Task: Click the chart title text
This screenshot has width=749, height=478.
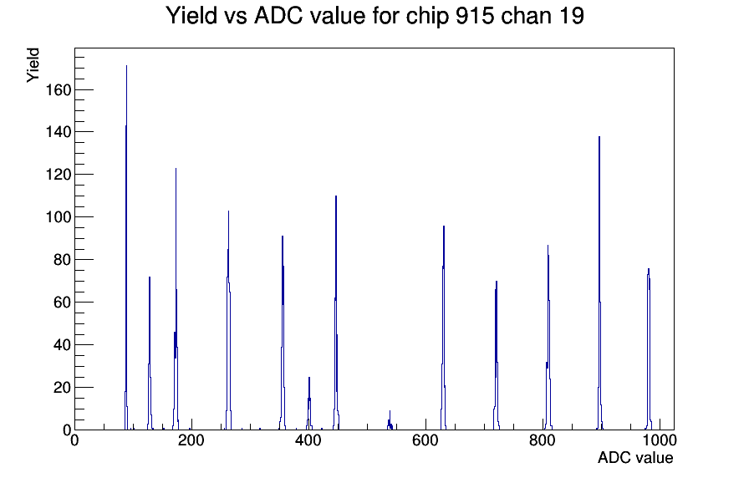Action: coord(375,16)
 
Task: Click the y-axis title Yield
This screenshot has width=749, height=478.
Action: coord(33,65)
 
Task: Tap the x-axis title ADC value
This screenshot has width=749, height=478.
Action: coord(635,457)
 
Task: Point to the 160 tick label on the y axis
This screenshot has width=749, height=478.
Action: coord(59,89)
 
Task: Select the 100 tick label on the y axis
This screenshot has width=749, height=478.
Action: coord(59,216)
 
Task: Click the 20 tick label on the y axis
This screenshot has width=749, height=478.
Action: coord(63,387)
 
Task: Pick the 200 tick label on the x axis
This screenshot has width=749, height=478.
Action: coord(191,440)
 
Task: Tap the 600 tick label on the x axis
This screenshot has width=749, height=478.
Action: coord(425,440)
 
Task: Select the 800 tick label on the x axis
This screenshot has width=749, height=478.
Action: coord(543,440)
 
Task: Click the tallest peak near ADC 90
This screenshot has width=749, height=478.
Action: coord(126,248)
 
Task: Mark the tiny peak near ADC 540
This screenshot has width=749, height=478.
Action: coord(390,421)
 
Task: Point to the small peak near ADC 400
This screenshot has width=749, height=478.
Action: coord(309,404)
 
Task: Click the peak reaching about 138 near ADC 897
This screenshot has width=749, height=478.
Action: coord(599,283)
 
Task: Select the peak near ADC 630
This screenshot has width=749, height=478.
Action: coord(444,328)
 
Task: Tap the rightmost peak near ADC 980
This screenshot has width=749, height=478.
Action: coord(649,349)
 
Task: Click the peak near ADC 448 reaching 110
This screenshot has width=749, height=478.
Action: coord(336,313)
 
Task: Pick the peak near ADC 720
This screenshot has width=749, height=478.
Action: coord(497,356)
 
